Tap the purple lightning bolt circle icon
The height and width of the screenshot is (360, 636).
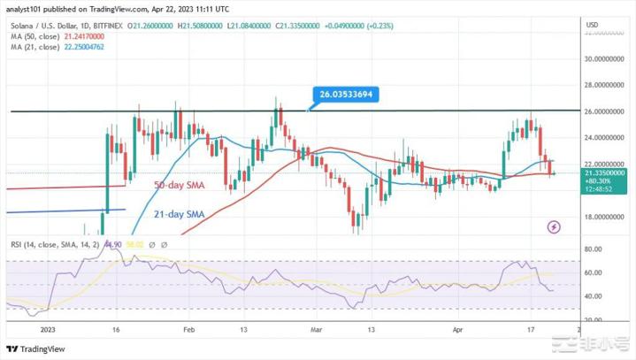(x=554, y=226)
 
